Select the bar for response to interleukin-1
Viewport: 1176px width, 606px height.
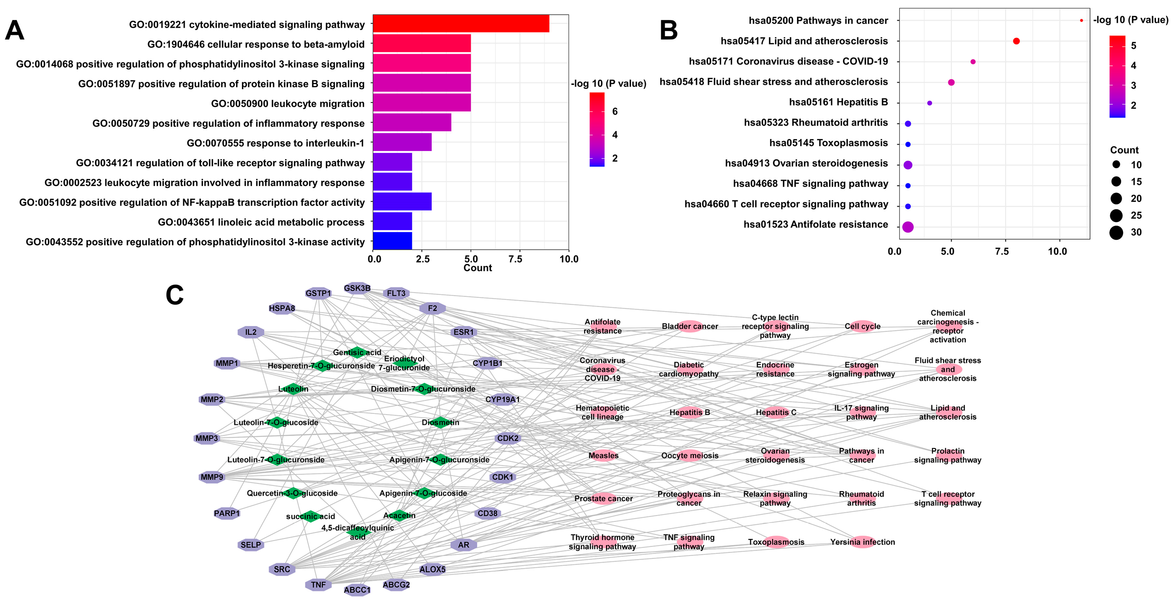[x=402, y=143]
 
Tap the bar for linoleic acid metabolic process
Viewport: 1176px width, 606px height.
[x=392, y=221]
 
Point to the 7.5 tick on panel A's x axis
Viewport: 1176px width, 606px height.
[x=515, y=259]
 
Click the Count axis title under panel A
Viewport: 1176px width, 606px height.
[x=478, y=268]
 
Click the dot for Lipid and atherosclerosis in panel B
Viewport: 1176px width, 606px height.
[x=1016, y=41]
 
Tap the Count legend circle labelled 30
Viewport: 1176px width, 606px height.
[x=1116, y=232]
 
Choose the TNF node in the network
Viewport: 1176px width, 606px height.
[x=318, y=585]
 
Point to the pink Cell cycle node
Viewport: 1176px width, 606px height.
[x=862, y=326]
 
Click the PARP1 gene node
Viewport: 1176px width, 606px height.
[x=227, y=513]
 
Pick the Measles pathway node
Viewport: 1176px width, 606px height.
[x=603, y=455]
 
